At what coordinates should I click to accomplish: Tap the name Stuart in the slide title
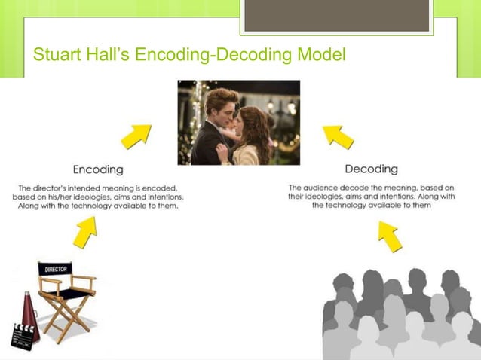coord(57,55)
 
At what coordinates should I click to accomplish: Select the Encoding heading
coord(98,169)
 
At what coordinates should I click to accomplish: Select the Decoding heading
coord(371,169)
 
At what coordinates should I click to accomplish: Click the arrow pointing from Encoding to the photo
coord(136,137)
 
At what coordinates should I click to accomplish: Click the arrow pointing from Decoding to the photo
coord(339,136)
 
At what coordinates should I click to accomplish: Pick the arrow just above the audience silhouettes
coord(389,237)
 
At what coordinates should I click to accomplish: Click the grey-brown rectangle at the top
coord(336,15)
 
